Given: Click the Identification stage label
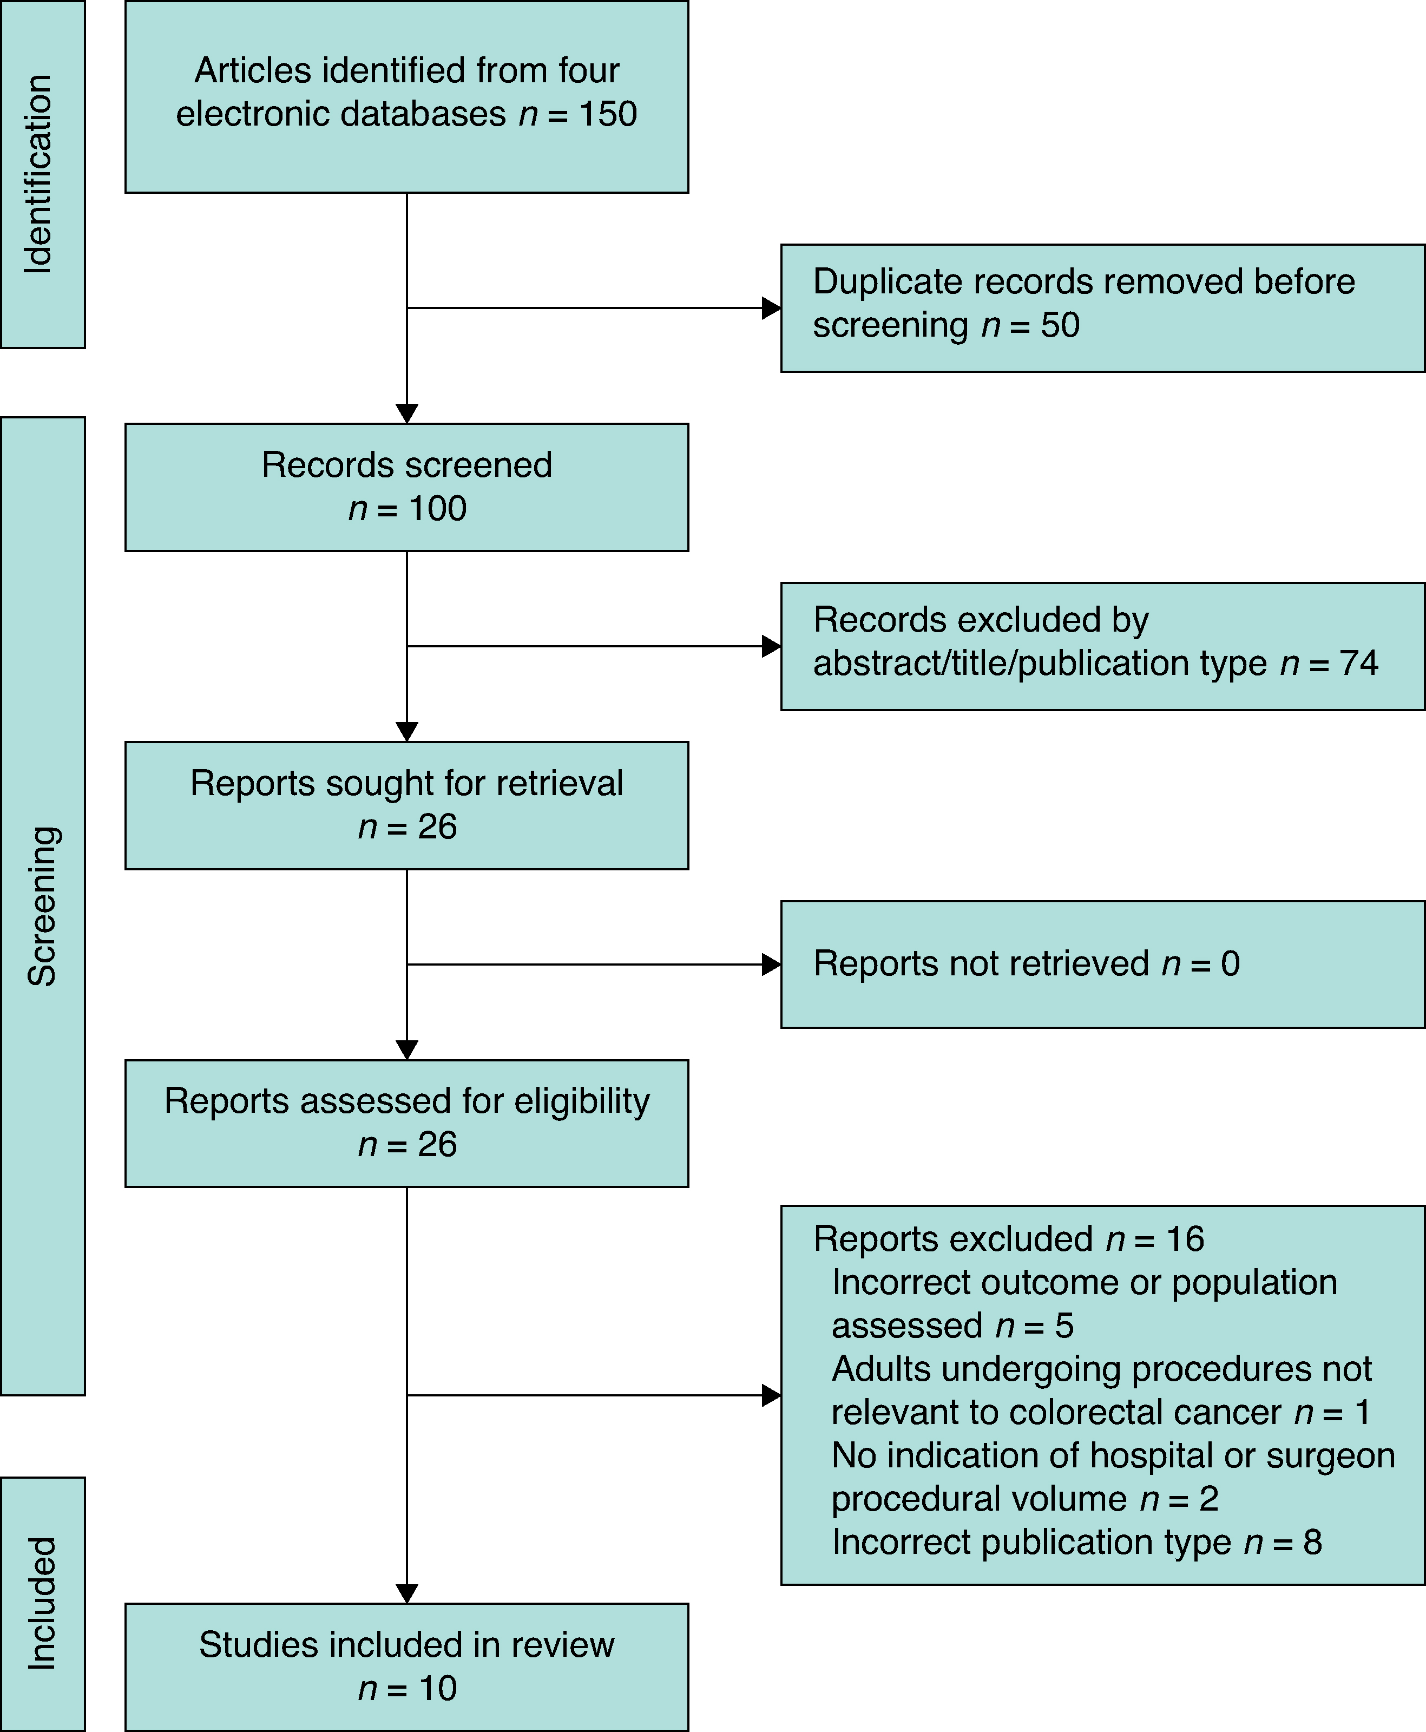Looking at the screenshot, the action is [38, 174].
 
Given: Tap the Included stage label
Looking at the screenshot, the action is [41, 1603].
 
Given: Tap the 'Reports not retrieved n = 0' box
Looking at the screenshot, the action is [1102, 964].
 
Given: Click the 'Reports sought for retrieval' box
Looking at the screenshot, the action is [406, 805].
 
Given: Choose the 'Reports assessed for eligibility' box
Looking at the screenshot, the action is [406, 1123].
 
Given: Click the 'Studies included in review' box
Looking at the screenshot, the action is [406, 1667].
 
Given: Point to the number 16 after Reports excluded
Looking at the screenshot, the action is [1185, 1239].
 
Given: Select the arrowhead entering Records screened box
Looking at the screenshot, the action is [406, 414].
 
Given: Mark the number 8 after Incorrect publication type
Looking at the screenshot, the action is [1313, 1542].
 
